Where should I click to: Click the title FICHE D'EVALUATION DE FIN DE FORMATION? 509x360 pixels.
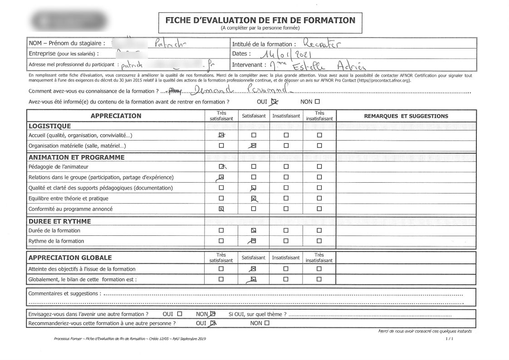coord(260,20)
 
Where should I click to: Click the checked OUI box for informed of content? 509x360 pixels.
coord(274,102)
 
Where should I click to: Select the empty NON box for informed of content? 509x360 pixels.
coord(317,102)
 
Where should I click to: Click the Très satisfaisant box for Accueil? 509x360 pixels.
coord(221,135)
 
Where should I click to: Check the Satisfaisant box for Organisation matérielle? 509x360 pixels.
coord(254,146)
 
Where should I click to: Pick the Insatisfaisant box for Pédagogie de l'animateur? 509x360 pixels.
coord(286,166)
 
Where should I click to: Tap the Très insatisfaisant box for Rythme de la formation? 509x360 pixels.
coord(319,241)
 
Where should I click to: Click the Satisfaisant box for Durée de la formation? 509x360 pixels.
coord(254,230)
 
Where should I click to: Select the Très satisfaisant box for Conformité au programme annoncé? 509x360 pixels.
coord(221,209)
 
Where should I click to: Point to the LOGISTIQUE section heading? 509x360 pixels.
coord(49,126)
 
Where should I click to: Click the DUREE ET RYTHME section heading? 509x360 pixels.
coord(59,221)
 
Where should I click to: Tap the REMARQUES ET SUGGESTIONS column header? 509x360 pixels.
coord(406,116)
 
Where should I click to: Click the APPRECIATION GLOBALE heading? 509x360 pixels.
coord(70,258)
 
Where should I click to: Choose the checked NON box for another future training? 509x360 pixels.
coord(213,314)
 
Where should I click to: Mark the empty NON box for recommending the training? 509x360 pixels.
coord(267,323)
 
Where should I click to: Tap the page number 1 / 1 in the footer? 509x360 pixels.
coord(449,338)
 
